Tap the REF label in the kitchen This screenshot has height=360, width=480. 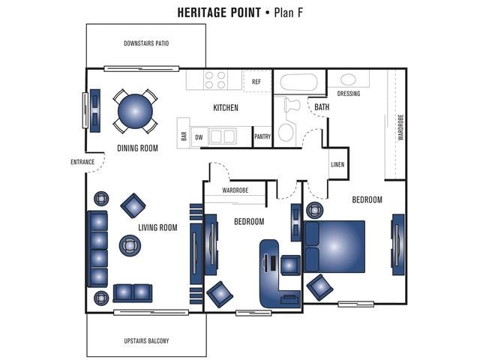[256, 81]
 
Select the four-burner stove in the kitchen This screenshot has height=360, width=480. [215, 79]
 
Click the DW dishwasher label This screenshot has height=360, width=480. [199, 137]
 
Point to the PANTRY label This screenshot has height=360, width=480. [262, 137]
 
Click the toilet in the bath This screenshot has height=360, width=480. [286, 130]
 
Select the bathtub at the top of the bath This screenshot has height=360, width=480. [299, 82]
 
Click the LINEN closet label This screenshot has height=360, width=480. [338, 164]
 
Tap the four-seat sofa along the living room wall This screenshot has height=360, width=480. [97, 248]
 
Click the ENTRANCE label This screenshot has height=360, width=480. [82, 162]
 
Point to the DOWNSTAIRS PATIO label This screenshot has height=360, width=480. [146, 43]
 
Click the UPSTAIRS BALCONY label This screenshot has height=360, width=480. [146, 341]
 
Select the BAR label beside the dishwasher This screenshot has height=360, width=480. [184, 136]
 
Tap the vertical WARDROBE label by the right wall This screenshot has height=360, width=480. [400, 127]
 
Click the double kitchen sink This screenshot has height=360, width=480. [221, 136]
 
